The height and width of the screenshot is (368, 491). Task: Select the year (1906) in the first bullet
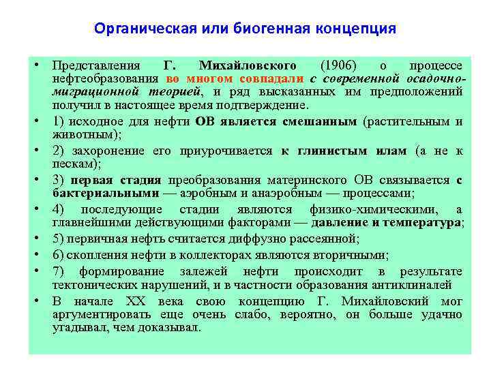tap(338, 66)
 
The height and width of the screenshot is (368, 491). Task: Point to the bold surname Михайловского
tap(248, 66)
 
